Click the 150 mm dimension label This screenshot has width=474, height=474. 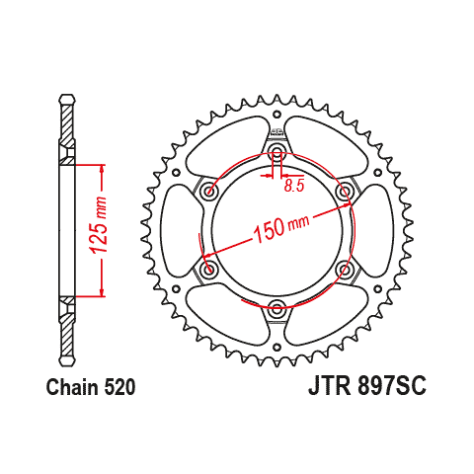pyautogui.click(x=280, y=228)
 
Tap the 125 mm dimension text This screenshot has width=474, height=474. pyautogui.click(x=99, y=225)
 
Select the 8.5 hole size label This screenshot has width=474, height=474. pyautogui.click(x=294, y=186)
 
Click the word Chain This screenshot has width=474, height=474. pyautogui.click(x=72, y=387)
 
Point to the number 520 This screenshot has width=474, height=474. pyautogui.click(x=119, y=387)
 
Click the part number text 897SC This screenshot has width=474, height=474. pyautogui.click(x=392, y=385)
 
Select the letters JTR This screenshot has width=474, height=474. pyautogui.click(x=330, y=385)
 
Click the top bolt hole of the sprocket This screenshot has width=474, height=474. pyautogui.click(x=276, y=151)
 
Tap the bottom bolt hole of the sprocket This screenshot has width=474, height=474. pyautogui.click(x=276, y=308)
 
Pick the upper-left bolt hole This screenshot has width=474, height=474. pyautogui.click(x=209, y=191)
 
